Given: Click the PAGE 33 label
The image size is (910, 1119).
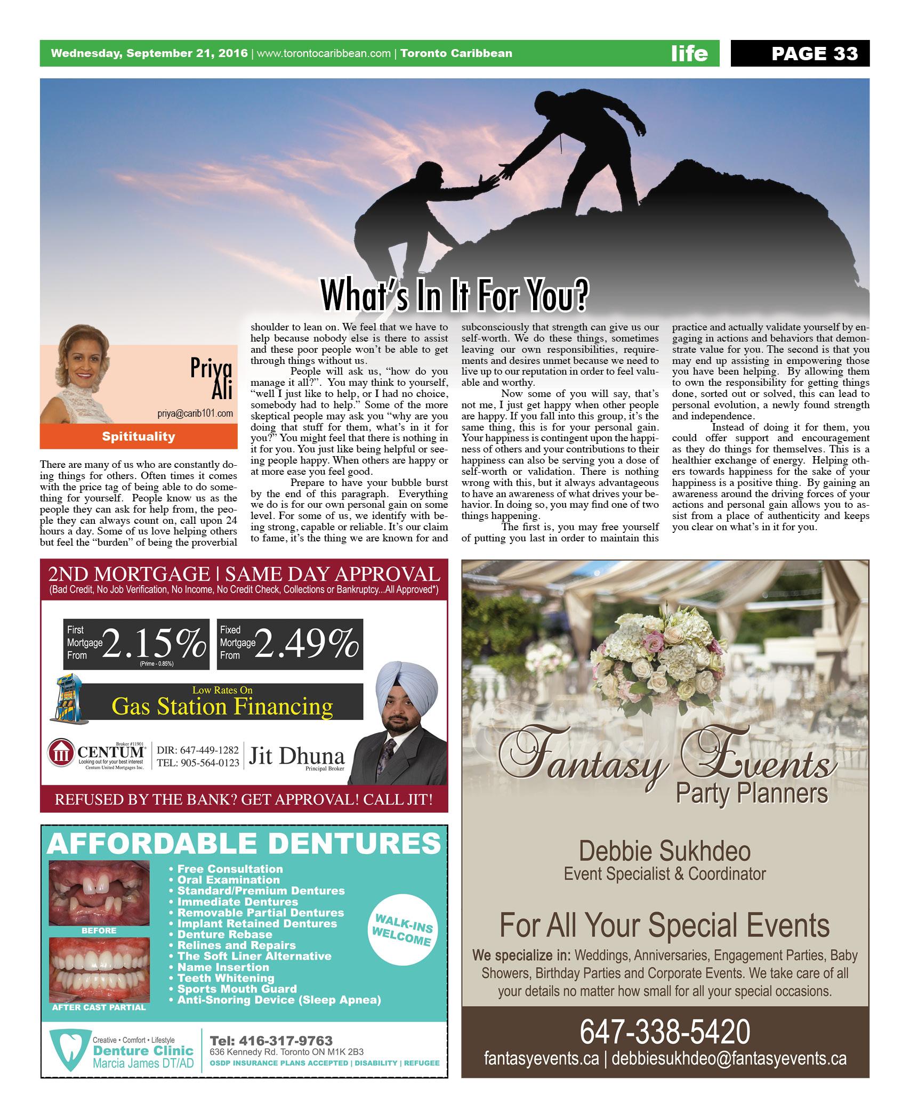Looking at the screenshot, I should point(814,53).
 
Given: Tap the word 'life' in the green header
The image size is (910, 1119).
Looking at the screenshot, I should point(689,53).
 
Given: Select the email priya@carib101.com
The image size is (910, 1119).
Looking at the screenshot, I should point(195,413).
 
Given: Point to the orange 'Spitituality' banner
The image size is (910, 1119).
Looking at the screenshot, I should point(139,436).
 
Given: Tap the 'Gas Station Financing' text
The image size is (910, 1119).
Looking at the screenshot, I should point(222,707).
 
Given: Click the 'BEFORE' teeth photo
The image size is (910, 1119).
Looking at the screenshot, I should point(99,893).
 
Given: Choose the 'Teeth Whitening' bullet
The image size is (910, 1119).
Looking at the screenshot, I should point(226,978).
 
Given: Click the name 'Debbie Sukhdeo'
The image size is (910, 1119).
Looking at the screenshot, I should point(664,851).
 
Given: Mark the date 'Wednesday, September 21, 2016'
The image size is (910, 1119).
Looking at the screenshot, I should point(149,53).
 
